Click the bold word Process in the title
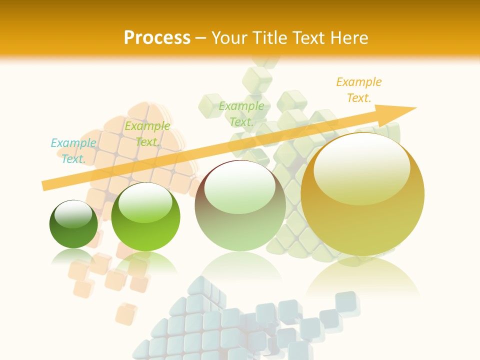coord(157,37)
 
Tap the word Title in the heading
coord(269,37)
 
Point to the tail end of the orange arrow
coord(44,186)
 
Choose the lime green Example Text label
coord(147,134)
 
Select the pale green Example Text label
coord(241,114)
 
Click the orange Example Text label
coord(359,90)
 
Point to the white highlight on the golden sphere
coord(362,165)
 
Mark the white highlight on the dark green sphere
coord(73,214)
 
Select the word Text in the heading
coord(310,37)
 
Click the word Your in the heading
coord(229,37)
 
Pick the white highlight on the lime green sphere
coord(145,202)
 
